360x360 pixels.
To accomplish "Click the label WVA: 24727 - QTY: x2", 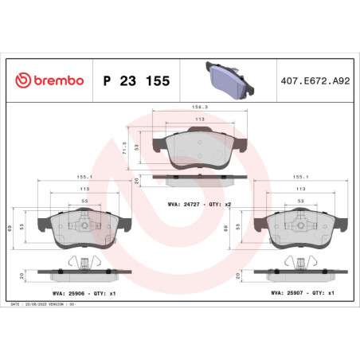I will (x=198, y=204).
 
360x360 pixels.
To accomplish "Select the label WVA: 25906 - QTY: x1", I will (x=72, y=294).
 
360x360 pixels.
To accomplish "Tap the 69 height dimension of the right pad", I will (x=229, y=228).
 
